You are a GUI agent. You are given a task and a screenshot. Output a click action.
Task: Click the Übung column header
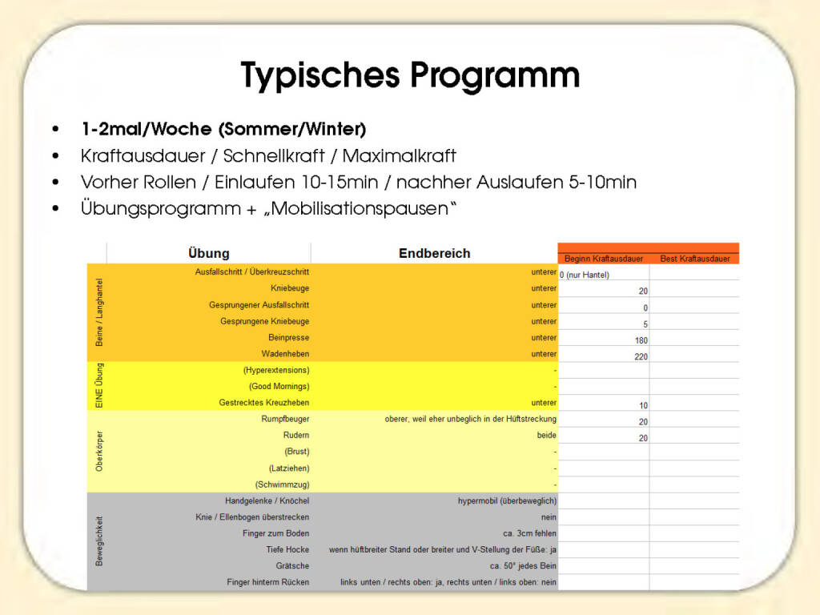click(208, 253)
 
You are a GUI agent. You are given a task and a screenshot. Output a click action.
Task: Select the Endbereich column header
click(434, 253)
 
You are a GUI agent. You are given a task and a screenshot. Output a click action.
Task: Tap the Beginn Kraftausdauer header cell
click(603, 259)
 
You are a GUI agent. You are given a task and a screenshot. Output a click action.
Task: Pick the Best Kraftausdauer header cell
click(694, 259)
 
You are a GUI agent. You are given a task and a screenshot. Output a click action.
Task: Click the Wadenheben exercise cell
click(285, 354)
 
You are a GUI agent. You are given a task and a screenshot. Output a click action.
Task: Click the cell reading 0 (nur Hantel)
click(585, 275)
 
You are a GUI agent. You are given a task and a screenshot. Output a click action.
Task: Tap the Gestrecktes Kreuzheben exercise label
click(263, 403)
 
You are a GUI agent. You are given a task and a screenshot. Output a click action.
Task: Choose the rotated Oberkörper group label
click(98, 451)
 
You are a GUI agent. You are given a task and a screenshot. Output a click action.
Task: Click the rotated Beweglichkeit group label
click(98, 541)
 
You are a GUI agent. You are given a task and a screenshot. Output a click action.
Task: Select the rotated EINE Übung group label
click(98, 386)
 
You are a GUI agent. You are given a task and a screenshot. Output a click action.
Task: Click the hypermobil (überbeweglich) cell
click(507, 500)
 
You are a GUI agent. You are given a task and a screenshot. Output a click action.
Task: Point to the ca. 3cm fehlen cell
click(524, 533)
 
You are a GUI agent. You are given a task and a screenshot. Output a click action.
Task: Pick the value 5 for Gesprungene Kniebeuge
click(645, 324)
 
